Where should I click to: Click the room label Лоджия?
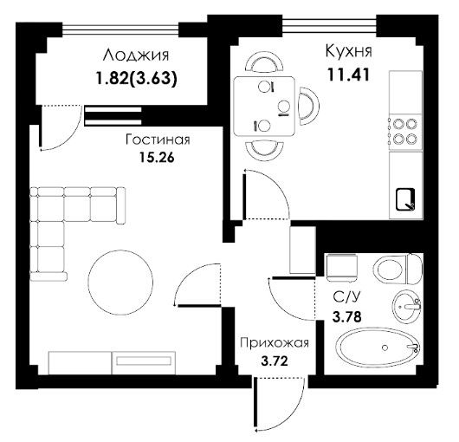[x=136, y=56]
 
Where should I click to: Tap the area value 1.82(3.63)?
[x=137, y=79]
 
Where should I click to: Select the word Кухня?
[x=348, y=50]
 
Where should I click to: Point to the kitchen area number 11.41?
[x=348, y=75]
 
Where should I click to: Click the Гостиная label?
[x=158, y=140]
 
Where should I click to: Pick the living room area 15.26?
[x=157, y=158]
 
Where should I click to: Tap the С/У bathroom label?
[x=346, y=297]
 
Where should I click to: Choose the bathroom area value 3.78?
[x=347, y=316]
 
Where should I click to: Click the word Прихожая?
[x=275, y=343]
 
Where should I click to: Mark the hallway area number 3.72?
[x=275, y=361]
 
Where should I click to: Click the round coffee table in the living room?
[x=120, y=283]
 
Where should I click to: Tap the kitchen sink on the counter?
[x=405, y=199]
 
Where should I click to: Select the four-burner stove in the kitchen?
[x=405, y=131]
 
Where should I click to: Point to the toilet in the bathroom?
[x=398, y=270]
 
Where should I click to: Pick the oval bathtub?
[x=378, y=347]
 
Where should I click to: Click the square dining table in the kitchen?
[x=264, y=107]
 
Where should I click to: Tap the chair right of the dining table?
[x=308, y=107]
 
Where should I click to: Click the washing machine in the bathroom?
[x=342, y=268]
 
